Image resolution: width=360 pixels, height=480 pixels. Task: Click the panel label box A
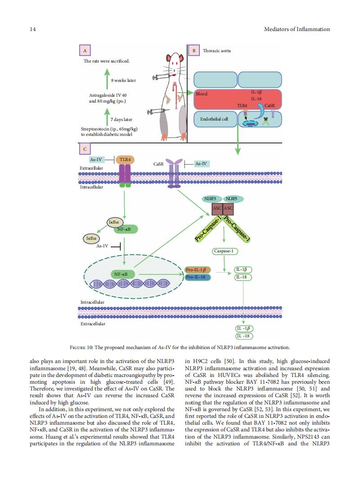coord(85,50)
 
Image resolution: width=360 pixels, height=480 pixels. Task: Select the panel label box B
coord(194,50)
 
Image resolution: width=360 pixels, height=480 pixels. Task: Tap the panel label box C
coord(85,149)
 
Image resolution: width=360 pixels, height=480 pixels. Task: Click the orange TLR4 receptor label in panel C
coord(125,160)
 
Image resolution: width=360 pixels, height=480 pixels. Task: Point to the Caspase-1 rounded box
coord(225,251)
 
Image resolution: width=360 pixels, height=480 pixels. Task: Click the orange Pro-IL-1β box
coord(198,270)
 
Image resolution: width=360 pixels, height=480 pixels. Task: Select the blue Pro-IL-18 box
coord(198,277)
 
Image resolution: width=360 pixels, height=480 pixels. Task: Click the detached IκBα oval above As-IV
coord(91,238)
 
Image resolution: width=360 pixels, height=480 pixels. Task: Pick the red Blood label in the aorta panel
coord(202,94)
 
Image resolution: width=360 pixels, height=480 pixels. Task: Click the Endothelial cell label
coord(214,119)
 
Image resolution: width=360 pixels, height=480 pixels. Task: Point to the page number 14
coord(32,29)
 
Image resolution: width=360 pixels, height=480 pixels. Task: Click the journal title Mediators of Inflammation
coord(297,29)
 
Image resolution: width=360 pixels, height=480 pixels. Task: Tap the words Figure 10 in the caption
coord(81,347)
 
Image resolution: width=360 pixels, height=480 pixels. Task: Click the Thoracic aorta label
coord(217,51)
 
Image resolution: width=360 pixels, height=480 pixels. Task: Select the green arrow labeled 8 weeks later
coord(107,79)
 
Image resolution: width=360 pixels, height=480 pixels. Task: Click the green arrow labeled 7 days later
coord(107,116)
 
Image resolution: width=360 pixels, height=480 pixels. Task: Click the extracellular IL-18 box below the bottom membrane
coord(244,336)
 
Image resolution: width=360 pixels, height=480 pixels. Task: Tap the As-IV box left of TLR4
coord(96,160)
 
